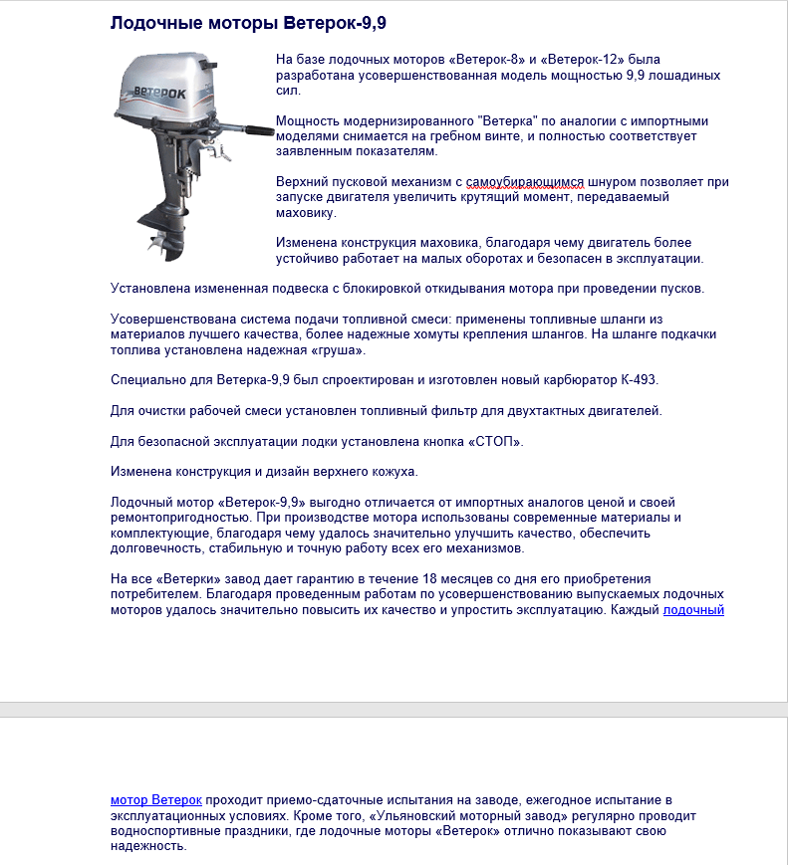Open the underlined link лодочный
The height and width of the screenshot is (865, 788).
click(x=693, y=609)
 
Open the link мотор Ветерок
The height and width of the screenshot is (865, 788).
click(x=156, y=799)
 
